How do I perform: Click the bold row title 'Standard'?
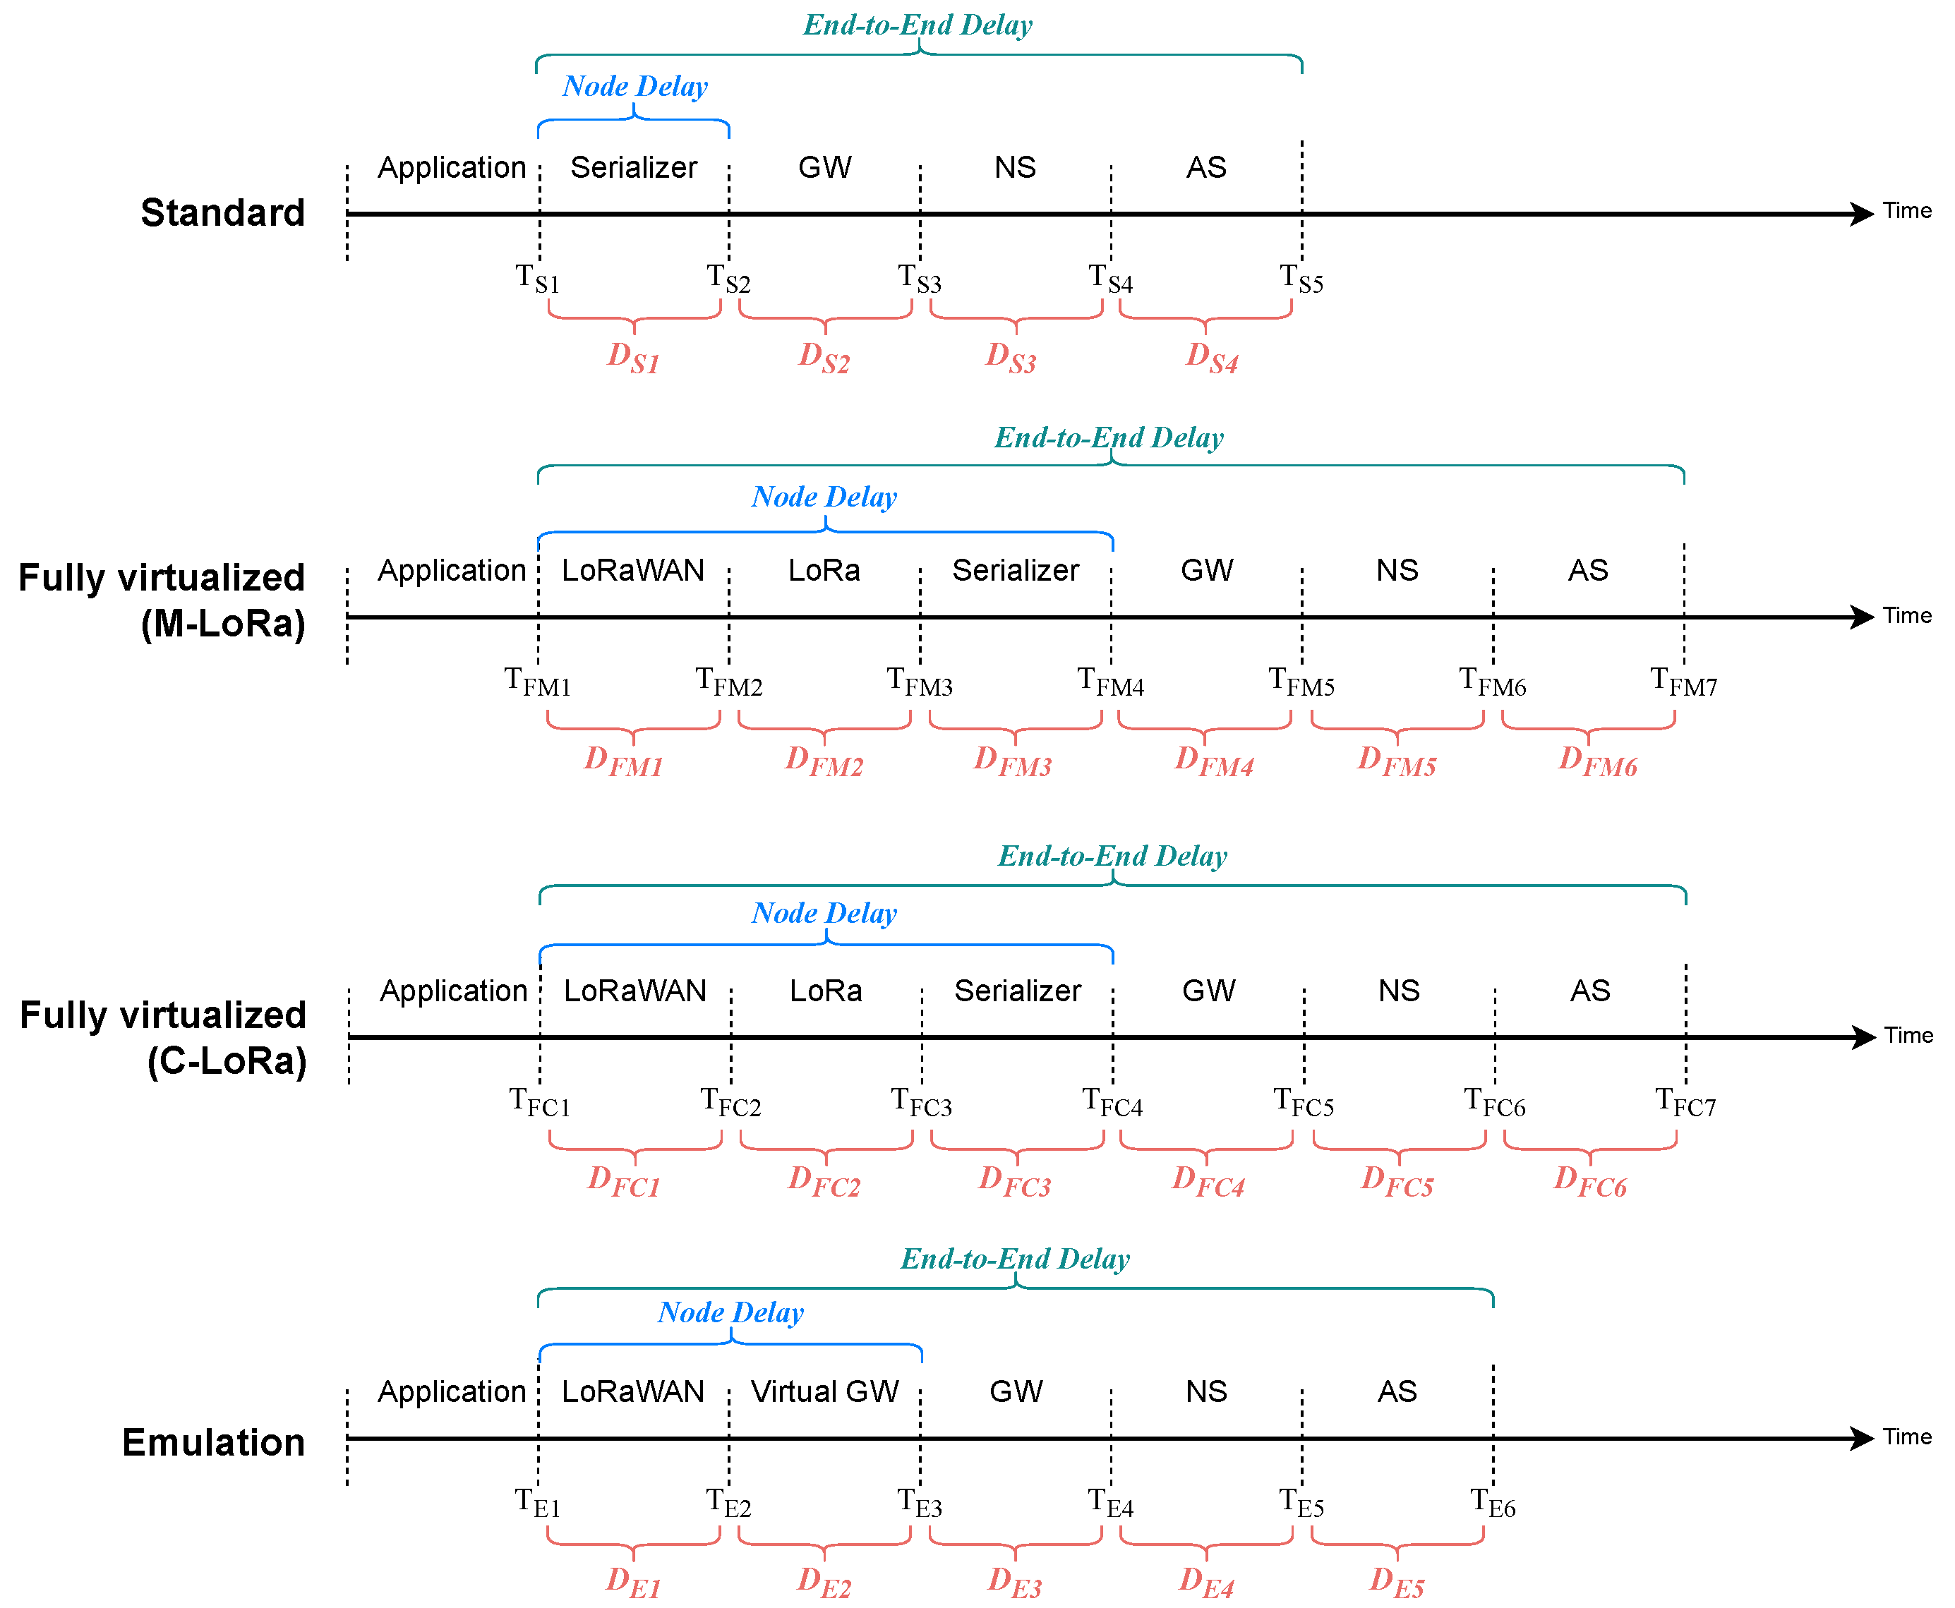coord(222,212)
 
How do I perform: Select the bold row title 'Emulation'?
coord(213,1442)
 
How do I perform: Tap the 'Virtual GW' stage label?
coord(824,1391)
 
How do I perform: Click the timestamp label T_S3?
coord(919,278)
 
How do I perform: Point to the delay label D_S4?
coord(1212,356)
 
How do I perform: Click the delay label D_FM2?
coord(824,761)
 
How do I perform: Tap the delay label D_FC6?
coord(1590,1181)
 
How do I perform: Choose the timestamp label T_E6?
coord(1493,1502)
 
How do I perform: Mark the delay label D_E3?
coord(1015,1581)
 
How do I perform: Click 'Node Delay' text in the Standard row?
coord(634,86)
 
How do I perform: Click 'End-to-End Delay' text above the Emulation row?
coord(1015,1259)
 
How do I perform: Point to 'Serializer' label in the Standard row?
coord(634,168)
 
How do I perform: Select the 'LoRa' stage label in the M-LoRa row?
coord(824,571)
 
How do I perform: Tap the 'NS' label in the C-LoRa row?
coord(1398,991)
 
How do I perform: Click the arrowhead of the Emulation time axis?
coord(1863,1439)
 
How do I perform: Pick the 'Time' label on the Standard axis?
coord(1907,211)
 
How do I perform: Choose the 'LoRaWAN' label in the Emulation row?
coord(633,1391)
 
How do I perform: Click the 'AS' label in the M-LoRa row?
coord(1587,571)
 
